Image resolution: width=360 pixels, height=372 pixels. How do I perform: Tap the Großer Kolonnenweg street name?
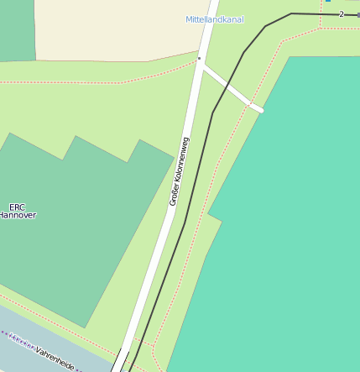pos(180,171)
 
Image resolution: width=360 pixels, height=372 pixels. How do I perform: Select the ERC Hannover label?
pos(17,211)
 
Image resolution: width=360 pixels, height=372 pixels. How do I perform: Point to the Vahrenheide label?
pos(55,359)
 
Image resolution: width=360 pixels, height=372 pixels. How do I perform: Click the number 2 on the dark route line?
pos(342,14)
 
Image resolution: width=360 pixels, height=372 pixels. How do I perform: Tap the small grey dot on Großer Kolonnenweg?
pos(199,59)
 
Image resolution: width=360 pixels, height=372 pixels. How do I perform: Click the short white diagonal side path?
pos(231,87)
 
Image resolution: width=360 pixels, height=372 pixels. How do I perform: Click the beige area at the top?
pos(109,29)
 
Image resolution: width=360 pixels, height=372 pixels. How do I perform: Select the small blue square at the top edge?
pos(327,1)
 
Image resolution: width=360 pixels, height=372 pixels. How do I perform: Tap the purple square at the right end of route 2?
pos(357,15)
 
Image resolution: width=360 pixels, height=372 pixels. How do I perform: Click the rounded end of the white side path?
pos(260,109)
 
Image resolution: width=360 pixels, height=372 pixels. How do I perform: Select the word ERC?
pos(17,207)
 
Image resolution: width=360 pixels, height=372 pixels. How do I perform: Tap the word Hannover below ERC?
pos(17,215)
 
